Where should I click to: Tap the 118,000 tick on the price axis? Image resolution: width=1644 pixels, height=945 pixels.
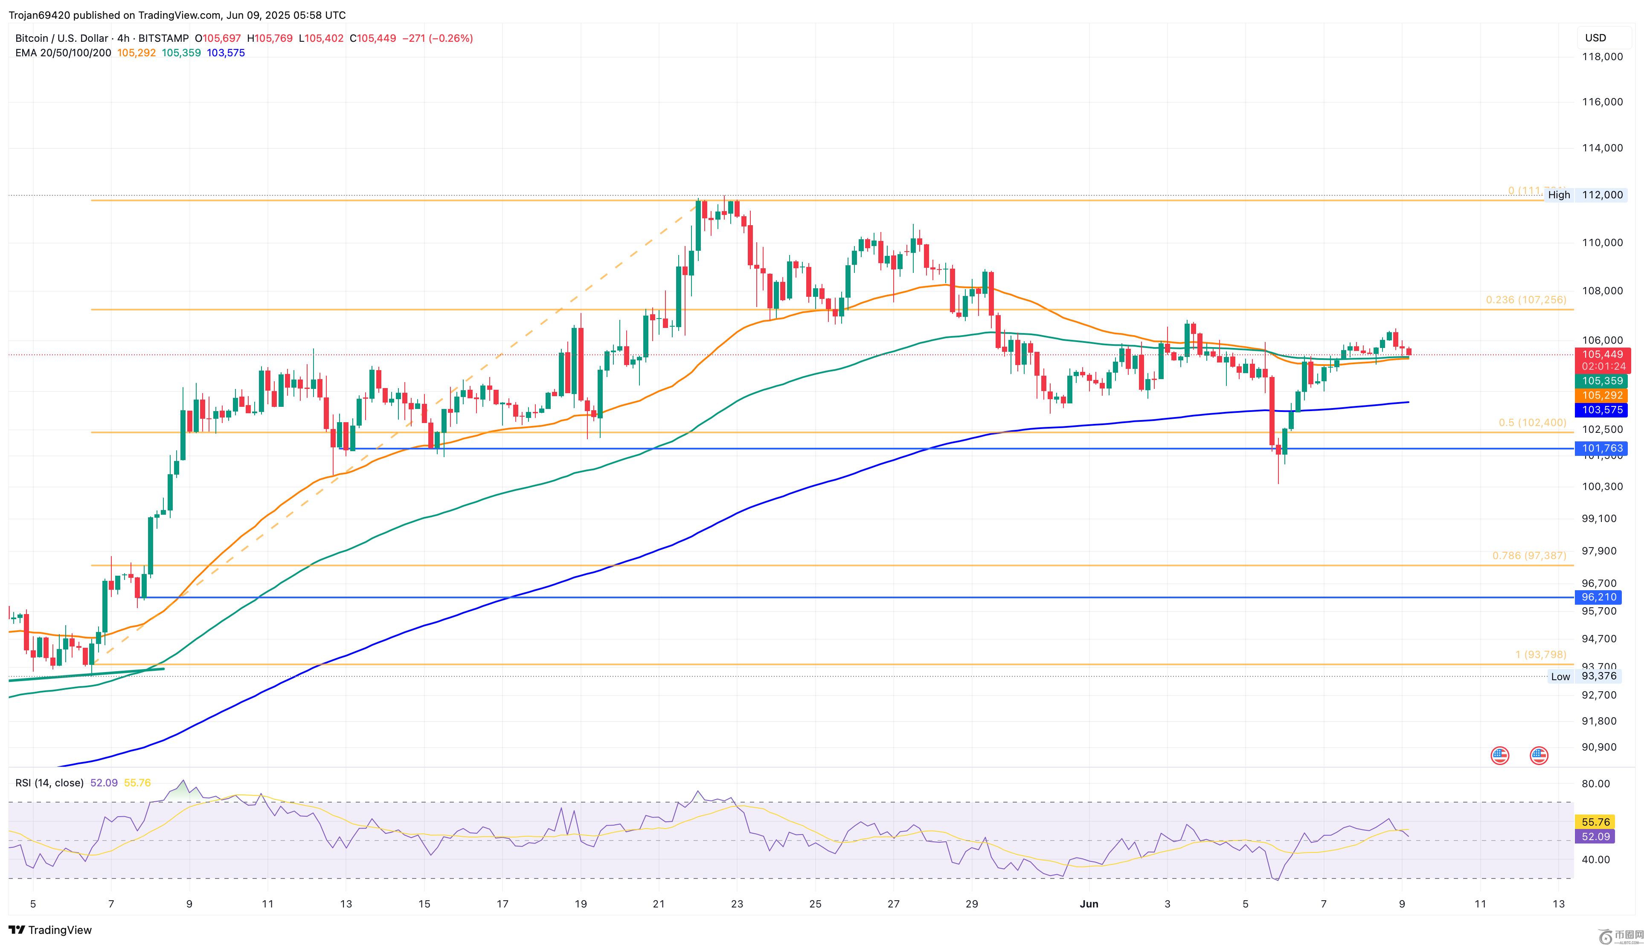1601,56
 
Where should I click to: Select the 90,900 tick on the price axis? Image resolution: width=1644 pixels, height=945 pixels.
1598,747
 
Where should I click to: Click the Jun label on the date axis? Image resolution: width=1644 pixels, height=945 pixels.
1089,904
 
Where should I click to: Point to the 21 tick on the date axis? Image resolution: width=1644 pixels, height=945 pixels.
658,904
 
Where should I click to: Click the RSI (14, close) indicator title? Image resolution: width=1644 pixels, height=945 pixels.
49,783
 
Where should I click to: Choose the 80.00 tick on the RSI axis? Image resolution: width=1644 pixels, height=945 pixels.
1595,783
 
